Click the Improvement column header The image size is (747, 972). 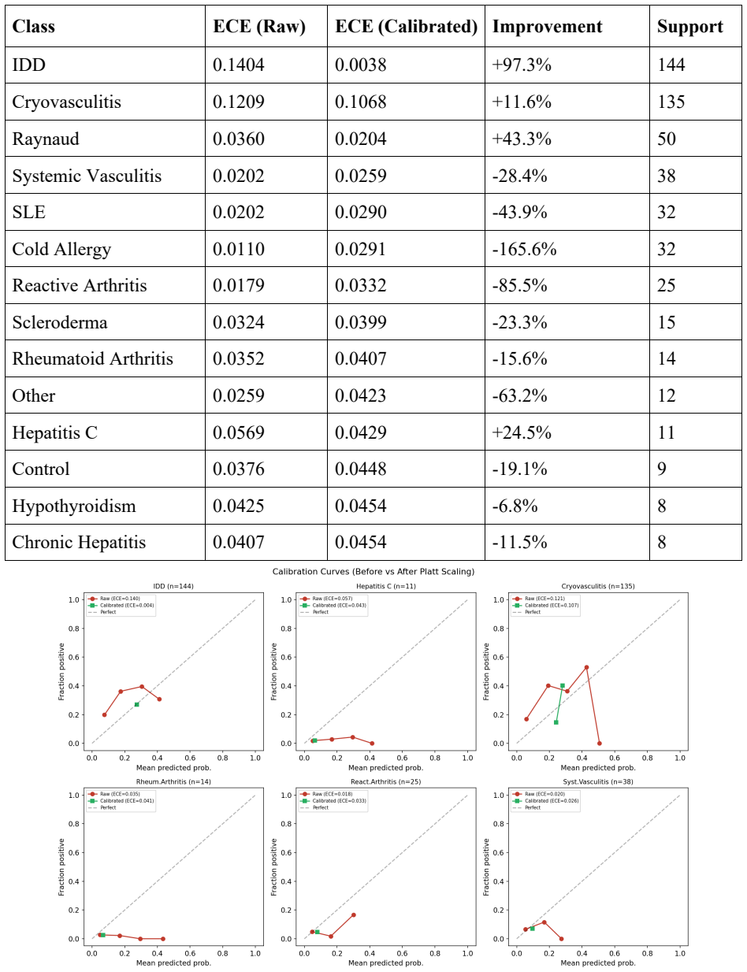pos(547,27)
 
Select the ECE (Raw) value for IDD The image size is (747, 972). pos(239,65)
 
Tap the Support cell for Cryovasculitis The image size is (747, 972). pos(671,102)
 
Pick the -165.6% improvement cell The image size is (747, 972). pos(524,249)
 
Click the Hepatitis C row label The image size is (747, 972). pos(54,432)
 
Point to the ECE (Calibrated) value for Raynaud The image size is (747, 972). pos(361,139)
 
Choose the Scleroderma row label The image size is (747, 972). pos(60,322)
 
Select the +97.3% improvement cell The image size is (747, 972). pos(522,65)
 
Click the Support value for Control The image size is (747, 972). pos(662,469)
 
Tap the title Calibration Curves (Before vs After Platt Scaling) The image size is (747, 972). pos(373,572)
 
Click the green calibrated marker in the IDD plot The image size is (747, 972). pos(137,704)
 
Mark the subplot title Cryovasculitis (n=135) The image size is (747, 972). pos(598,586)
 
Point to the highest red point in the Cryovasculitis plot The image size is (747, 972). pos(586,667)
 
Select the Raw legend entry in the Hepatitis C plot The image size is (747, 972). pos(326,599)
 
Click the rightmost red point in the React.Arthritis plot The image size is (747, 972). pos(353,915)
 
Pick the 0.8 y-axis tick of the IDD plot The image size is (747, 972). pos(74,629)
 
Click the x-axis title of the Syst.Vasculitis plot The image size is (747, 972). pos(598,963)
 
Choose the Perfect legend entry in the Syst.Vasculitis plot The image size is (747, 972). pos(527,807)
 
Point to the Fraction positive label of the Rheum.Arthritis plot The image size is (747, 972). pos(61,867)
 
